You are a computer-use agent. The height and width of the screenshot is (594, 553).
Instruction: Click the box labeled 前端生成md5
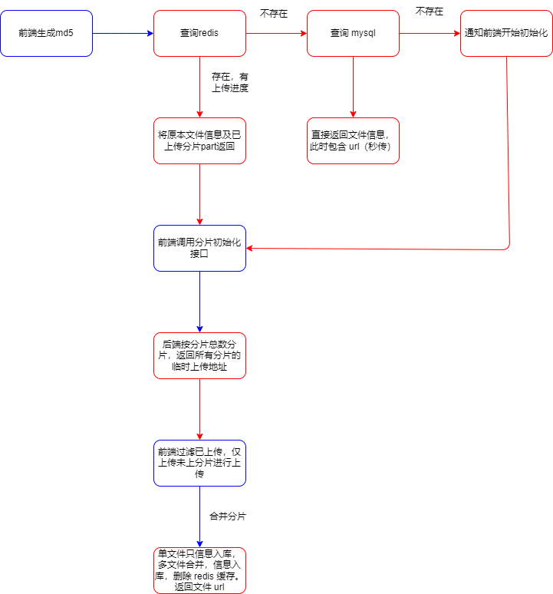47,33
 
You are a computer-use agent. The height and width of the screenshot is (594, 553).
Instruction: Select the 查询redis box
200,33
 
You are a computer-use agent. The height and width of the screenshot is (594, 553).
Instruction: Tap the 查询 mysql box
353,33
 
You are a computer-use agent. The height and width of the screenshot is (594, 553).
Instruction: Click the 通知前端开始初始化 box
506,33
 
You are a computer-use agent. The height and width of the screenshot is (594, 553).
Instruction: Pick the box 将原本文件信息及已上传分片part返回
200,141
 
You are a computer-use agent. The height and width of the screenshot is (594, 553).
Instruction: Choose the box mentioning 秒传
353,141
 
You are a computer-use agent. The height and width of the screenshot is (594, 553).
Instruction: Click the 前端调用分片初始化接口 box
200,248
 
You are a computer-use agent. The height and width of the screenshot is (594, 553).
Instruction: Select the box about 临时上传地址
200,356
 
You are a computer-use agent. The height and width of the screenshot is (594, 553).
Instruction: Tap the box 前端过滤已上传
200,463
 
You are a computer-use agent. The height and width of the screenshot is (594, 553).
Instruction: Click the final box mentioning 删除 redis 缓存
200,570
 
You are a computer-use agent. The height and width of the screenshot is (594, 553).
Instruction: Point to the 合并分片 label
228,516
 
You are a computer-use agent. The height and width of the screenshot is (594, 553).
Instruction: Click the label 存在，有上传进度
230,83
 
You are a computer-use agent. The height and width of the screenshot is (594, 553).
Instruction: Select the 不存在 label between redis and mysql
274,14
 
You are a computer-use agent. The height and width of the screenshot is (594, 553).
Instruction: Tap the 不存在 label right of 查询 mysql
430,12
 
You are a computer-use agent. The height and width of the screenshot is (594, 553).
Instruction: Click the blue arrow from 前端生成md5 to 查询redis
123,33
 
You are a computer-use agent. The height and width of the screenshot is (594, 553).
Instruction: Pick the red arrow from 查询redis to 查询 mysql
276,33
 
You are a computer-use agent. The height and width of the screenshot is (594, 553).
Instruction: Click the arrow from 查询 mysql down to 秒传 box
353,87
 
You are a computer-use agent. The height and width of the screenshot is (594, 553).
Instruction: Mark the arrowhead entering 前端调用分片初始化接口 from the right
249,249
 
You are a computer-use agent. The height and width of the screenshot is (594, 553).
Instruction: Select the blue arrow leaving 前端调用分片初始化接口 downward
200,302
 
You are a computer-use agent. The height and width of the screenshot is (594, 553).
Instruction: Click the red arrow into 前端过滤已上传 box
200,409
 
